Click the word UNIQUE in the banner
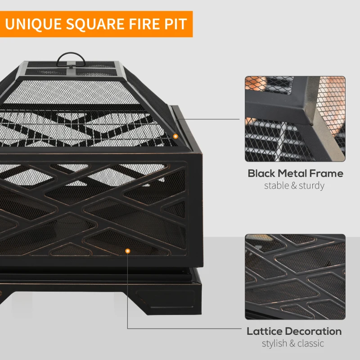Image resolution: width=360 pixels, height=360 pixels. coord(34,23)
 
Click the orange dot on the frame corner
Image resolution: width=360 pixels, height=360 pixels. coord(175,135)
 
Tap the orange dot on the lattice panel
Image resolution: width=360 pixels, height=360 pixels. coord(128,250)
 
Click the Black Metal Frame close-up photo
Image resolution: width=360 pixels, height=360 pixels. coord(295,119)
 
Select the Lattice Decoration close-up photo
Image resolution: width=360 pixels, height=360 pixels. coord(295,276)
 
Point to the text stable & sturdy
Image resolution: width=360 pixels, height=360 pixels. coord(294,185)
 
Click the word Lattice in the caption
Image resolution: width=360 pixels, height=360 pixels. coord(265,332)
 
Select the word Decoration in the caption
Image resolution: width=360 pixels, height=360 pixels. coord(314,332)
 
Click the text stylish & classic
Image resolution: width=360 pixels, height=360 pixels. coord(293,343)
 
